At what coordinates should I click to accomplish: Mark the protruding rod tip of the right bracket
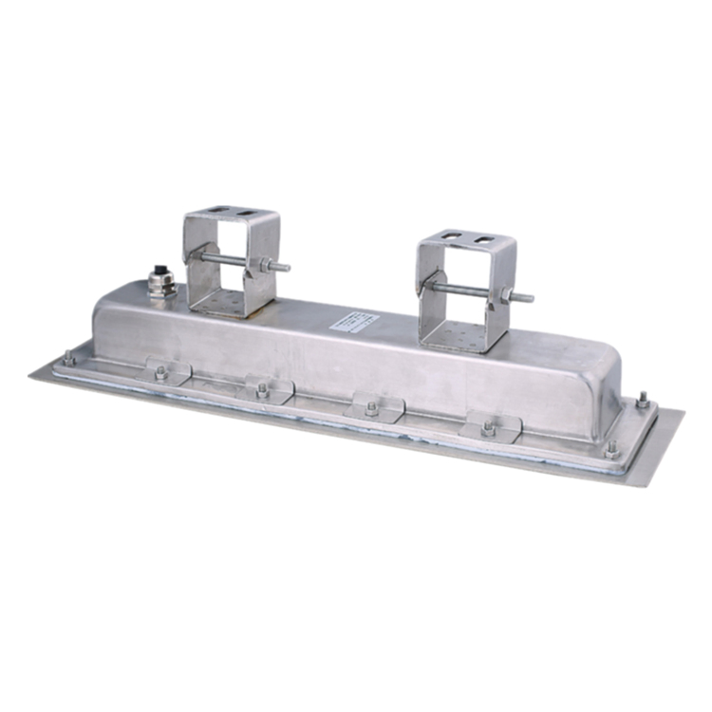point(527,299)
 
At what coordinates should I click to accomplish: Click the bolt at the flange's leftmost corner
point(68,359)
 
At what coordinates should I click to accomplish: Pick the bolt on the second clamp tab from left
point(262,388)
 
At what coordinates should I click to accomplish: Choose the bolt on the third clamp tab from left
point(370,407)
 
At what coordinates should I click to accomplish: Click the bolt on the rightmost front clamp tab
point(488,428)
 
